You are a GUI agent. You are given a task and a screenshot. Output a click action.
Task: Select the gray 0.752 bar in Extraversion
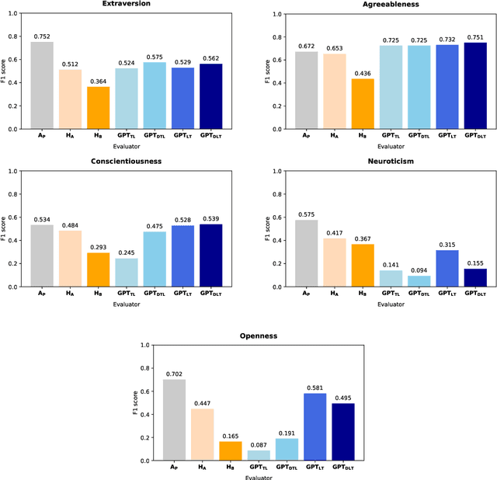42,85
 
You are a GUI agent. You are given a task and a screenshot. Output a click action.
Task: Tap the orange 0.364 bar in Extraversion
98,108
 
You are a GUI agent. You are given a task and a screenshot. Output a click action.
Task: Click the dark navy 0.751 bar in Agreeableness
474,85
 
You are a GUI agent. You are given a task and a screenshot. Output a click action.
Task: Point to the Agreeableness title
391,5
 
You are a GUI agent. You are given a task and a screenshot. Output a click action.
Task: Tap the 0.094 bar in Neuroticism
419,281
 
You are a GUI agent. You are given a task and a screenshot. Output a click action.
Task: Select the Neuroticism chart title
391,162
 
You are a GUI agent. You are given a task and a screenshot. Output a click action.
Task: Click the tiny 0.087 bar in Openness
258,455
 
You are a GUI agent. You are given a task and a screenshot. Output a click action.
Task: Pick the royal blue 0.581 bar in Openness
314,426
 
